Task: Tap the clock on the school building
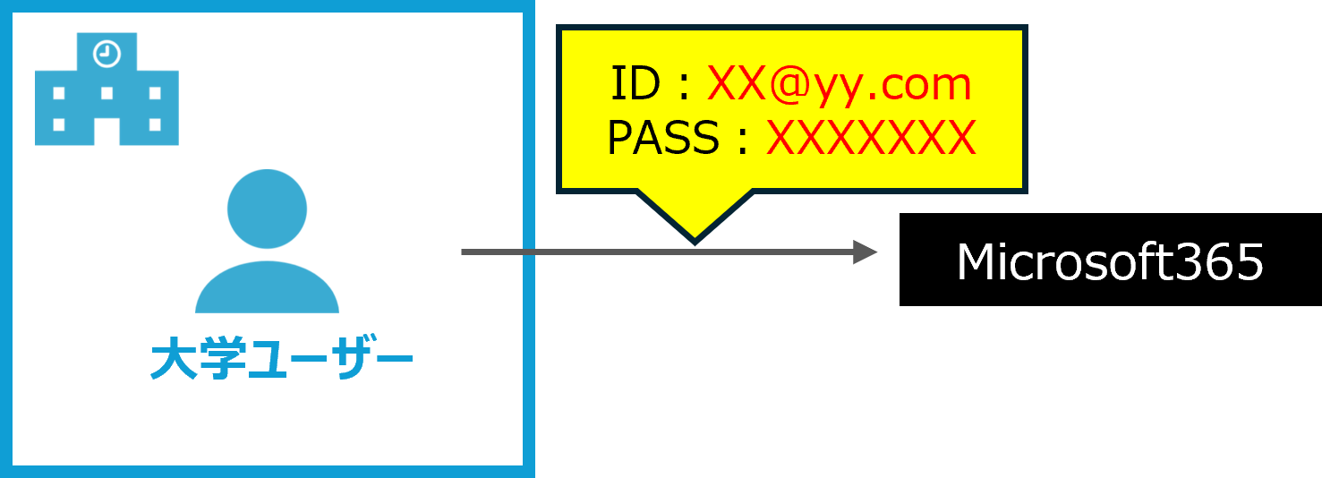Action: click(107, 54)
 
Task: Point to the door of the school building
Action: click(107, 132)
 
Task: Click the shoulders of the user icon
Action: click(267, 288)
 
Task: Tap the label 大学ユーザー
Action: click(281, 360)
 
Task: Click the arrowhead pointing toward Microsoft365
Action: click(864, 252)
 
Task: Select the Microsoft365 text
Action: click(1109, 263)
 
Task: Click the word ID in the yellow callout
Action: click(635, 85)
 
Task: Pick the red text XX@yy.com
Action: click(839, 85)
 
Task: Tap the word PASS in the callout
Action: click(663, 139)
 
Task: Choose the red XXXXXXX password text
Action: click(870, 139)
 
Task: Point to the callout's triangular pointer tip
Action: click(695, 237)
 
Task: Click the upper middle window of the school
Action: click(107, 92)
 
